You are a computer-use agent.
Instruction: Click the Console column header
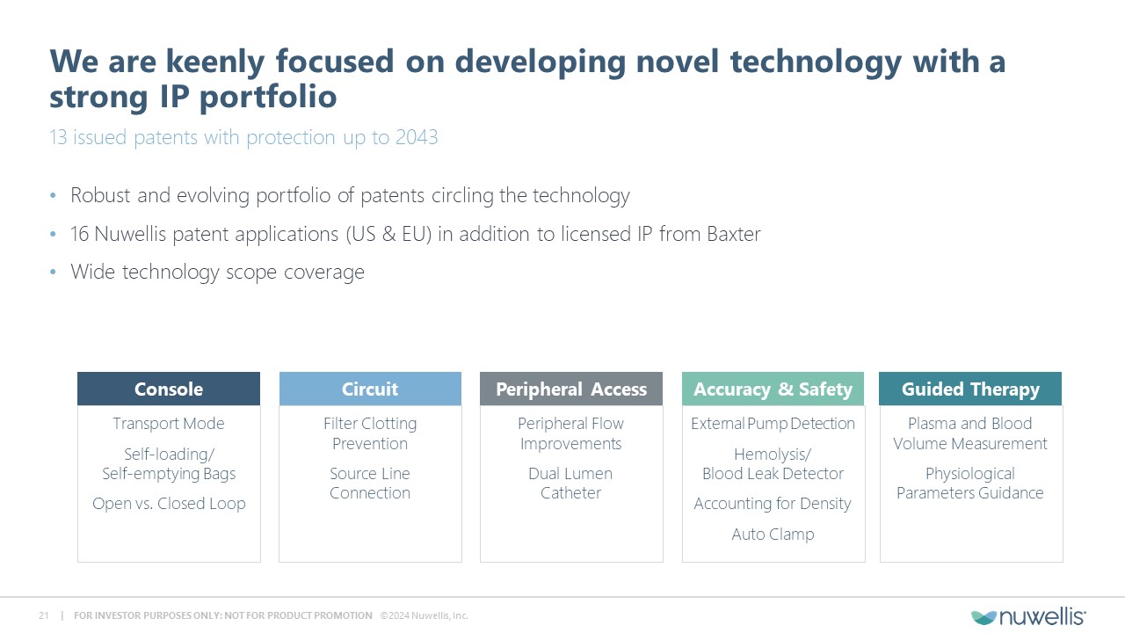(169, 389)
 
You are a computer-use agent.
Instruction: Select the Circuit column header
(370, 389)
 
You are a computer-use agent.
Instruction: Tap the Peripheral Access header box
(571, 389)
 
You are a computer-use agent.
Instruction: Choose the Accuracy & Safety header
(773, 389)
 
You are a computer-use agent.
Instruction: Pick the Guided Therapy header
(970, 389)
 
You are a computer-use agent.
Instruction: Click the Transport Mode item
(169, 424)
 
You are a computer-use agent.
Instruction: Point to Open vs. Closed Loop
(169, 504)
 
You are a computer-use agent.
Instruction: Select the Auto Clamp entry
(773, 534)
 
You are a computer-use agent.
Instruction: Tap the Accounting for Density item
(773, 504)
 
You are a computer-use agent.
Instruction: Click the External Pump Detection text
(773, 424)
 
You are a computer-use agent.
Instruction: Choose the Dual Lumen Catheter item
(570, 484)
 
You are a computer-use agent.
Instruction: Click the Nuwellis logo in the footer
(1028, 616)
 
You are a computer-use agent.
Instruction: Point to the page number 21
(44, 615)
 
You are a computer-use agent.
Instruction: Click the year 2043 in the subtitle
(417, 137)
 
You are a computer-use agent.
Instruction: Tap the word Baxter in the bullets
(734, 234)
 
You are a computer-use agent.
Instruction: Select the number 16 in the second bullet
(79, 234)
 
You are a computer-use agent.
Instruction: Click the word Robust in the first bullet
(100, 195)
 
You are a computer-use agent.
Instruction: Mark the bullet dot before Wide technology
(54, 273)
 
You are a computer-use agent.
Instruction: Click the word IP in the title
(176, 96)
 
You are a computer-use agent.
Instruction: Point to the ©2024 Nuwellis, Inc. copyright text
(424, 615)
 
